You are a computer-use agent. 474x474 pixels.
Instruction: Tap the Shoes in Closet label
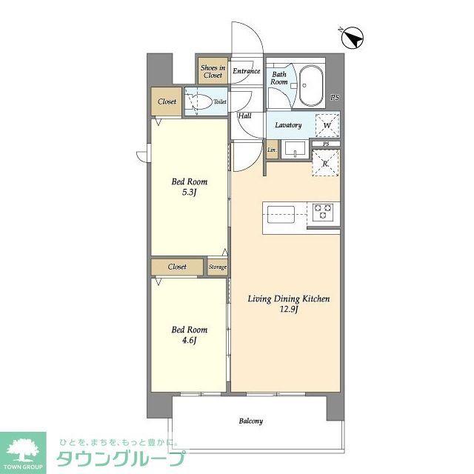(212, 71)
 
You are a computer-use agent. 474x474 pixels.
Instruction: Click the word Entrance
(246, 71)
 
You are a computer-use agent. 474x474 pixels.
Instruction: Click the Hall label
(244, 116)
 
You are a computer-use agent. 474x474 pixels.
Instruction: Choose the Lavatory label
(288, 125)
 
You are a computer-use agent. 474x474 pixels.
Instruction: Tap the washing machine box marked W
(327, 124)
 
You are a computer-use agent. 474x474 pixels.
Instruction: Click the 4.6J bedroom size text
(190, 341)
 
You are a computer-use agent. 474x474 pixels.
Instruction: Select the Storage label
(217, 267)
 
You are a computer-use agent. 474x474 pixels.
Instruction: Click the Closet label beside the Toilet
(167, 101)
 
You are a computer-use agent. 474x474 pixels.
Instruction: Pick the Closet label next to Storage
(177, 267)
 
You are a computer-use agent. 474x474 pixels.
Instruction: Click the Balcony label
(250, 421)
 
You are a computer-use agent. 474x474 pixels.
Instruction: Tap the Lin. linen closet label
(272, 151)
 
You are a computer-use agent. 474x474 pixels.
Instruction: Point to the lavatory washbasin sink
(295, 150)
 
